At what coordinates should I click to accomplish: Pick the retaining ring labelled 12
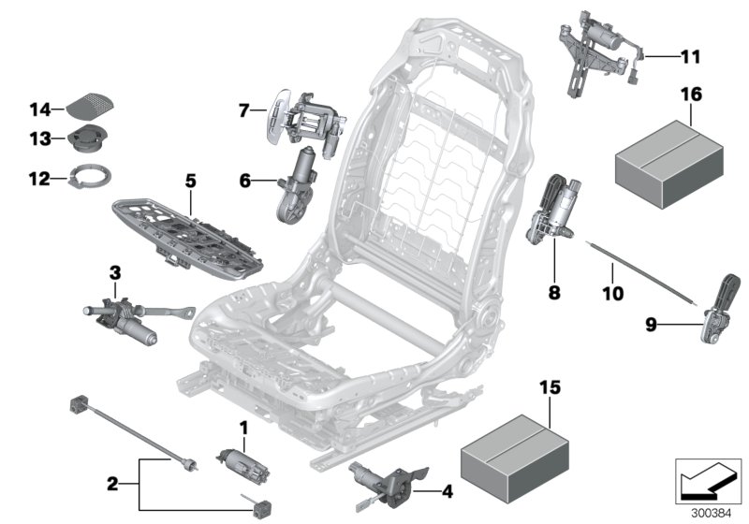92,174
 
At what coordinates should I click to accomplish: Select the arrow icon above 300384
707,478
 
